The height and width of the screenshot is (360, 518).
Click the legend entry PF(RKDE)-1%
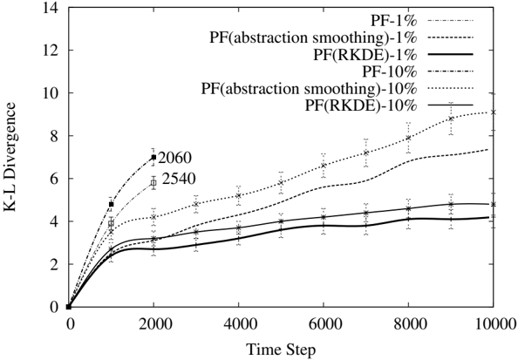pyautogui.click(x=365, y=55)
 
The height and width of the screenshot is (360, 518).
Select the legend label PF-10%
pyautogui.click(x=390, y=71)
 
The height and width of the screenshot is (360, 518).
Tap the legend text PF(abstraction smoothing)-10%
pyautogui.click(x=310, y=89)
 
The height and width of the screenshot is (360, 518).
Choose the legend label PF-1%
pyautogui.click(x=394, y=21)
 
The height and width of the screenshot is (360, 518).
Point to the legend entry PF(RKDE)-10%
pyautogui.click(x=361, y=105)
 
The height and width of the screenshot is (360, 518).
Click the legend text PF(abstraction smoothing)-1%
pyautogui.click(x=313, y=37)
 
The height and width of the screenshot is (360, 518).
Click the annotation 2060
pyautogui.click(x=174, y=158)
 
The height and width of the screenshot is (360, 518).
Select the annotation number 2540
pyautogui.click(x=179, y=179)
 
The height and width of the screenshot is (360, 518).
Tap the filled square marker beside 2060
pyautogui.click(x=153, y=157)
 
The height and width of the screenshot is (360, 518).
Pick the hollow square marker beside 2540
pyautogui.click(x=153, y=183)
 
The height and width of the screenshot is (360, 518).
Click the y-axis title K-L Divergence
pyautogui.click(x=10, y=157)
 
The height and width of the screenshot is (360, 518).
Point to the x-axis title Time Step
pyautogui.click(x=281, y=350)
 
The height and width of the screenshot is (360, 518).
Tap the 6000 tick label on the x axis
pyautogui.click(x=324, y=324)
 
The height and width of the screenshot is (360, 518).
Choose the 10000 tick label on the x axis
pyautogui.click(x=495, y=324)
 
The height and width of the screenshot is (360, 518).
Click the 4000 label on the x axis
pyautogui.click(x=239, y=324)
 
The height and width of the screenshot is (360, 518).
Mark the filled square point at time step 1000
pyautogui.click(x=111, y=204)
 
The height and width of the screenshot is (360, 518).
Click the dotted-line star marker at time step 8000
pyautogui.click(x=408, y=138)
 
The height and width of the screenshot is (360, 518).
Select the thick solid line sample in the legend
pyautogui.click(x=450, y=55)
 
